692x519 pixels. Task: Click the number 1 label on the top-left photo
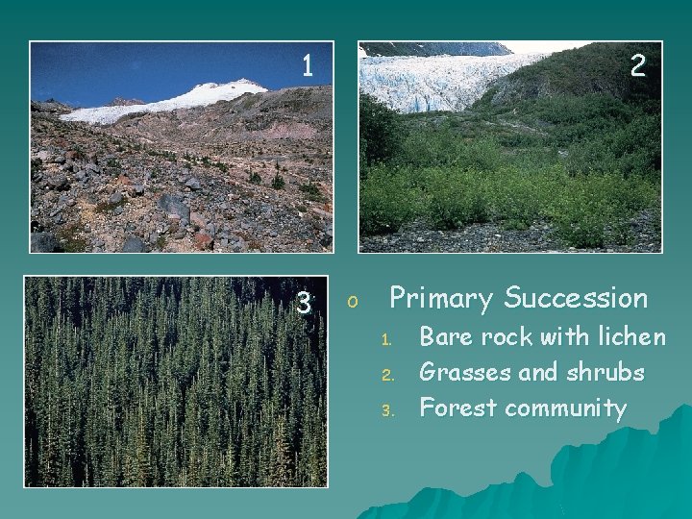(x=307, y=65)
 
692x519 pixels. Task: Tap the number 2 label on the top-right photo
(x=637, y=65)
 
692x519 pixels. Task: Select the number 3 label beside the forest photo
(x=303, y=304)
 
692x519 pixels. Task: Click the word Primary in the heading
(x=441, y=299)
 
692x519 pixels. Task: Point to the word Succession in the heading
(x=576, y=299)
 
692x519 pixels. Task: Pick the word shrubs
(x=605, y=372)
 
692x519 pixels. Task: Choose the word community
(x=566, y=408)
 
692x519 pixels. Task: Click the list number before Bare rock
(x=386, y=339)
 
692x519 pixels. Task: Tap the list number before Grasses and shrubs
(x=386, y=375)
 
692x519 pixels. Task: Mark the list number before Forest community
(x=386, y=410)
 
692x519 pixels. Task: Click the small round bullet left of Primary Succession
(x=353, y=303)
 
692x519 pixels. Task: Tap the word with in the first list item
(x=565, y=336)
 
